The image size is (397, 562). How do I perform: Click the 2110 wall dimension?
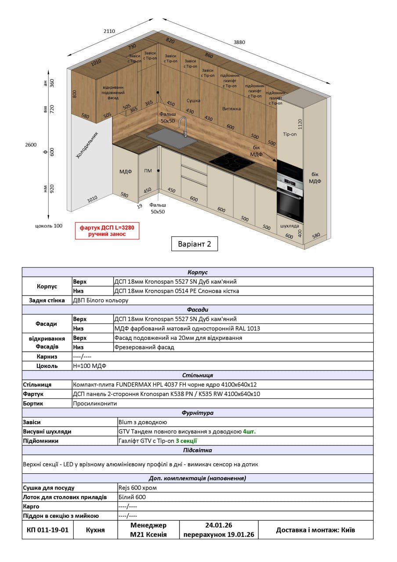(x=109, y=31)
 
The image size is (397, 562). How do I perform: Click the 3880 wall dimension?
(x=239, y=42)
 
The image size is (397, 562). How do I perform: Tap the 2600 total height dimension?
(x=31, y=145)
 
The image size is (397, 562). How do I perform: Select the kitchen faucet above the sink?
(x=184, y=126)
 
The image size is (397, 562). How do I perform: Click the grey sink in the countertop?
(x=172, y=138)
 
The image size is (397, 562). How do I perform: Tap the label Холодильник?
(x=87, y=145)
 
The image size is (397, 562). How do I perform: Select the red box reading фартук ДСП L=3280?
(x=107, y=231)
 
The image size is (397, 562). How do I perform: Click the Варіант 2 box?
(x=195, y=244)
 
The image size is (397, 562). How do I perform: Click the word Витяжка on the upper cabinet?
(x=231, y=109)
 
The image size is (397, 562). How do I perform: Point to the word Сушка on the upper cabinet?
(x=193, y=101)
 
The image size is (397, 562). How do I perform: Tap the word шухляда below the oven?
(x=289, y=226)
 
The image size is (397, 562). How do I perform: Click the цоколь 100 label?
(x=49, y=226)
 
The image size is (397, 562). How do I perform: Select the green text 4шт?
(x=249, y=432)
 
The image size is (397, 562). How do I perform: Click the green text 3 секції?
(x=187, y=441)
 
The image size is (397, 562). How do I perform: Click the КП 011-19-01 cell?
(x=48, y=530)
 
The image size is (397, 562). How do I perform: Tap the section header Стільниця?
(x=198, y=375)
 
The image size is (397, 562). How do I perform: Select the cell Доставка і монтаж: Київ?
(x=316, y=530)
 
